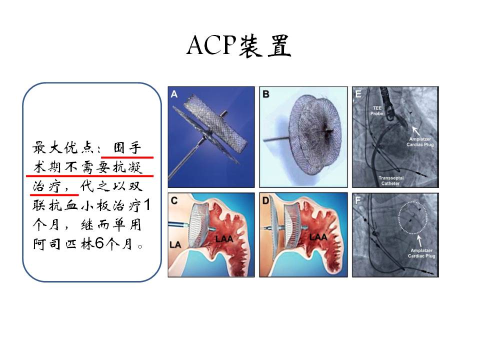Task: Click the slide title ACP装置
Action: coord(239,45)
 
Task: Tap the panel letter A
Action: coord(174,94)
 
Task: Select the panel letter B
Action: coord(265,94)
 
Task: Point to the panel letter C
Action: coord(174,200)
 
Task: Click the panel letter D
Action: coord(265,200)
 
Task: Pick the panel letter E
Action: coord(358,94)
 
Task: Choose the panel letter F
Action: coord(357,200)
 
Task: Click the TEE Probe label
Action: coord(377,110)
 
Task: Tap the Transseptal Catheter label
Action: coord(391,180)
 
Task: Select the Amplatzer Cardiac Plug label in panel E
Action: coord(420,141)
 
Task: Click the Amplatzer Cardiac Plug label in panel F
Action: coord(421,253)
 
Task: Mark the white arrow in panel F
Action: coord(419,240)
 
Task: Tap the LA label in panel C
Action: coord(175,244)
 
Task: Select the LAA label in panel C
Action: coord(224,238)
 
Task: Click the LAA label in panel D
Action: coord(318,237)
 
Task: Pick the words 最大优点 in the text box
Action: coord(63,147)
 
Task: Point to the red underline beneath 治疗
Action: coord(54,194)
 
